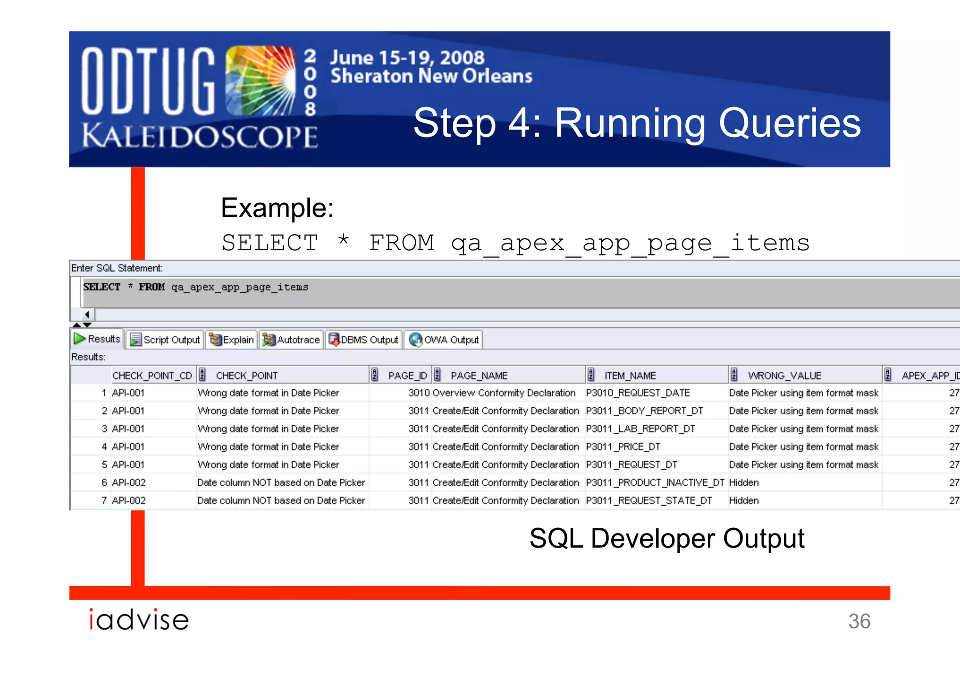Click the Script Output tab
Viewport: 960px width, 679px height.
(x=165, y=339)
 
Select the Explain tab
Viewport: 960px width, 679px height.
(x=232, y=339)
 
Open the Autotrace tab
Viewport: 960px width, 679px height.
(x=292, y=339)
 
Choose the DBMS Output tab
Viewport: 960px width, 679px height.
(x=364, y=339)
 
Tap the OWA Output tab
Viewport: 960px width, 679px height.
(x=444, y=339)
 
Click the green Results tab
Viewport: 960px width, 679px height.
(x=97, y=339)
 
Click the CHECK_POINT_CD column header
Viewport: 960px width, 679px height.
(x=152, y=375)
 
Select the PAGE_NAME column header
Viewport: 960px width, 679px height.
(x=479, y=375)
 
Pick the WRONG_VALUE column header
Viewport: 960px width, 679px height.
(x=785, y=375)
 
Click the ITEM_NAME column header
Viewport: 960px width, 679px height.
(x=630, y=375)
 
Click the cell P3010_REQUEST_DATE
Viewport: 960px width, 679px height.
(x=637, y=393)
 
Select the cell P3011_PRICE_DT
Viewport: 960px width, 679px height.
(x=623, y=447)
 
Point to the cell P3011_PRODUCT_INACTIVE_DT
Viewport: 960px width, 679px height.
(x=655, y=482)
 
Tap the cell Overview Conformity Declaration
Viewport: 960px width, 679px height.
(x=504, y=393)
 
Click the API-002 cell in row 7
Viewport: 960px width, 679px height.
(x=129, y=501)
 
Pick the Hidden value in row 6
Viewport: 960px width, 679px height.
(x=744, y=482)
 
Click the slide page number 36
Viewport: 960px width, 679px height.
(x=859, y=621)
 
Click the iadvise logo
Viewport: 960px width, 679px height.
(x=139, y=619)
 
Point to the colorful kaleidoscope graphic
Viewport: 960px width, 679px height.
(x=260, y=81)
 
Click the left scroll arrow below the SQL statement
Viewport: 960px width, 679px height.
(x=87, y=314)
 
